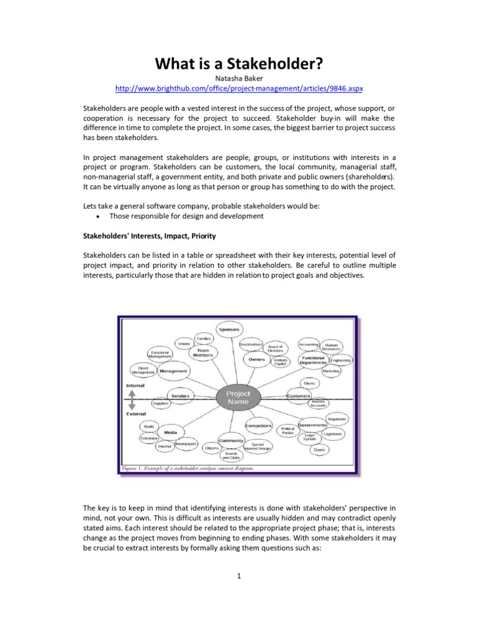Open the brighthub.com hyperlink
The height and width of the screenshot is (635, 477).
(238, 89)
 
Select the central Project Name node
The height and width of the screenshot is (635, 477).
(238, 397)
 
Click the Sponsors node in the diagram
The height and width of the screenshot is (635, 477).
(229, 329)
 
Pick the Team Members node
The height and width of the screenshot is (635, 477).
(203, 353)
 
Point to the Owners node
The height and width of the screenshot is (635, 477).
(257, 359)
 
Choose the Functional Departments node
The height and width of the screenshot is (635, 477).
(314, 360)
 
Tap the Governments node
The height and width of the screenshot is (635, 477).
(312, 425)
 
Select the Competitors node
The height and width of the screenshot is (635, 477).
(259, 426)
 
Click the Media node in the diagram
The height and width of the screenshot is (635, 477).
(171, 432)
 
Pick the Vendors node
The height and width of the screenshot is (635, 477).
(181, 396)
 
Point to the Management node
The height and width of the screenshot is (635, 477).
(173, 371)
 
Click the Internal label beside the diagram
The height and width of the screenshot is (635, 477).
(135, 385)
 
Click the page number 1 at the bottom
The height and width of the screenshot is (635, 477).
(238, 575)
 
